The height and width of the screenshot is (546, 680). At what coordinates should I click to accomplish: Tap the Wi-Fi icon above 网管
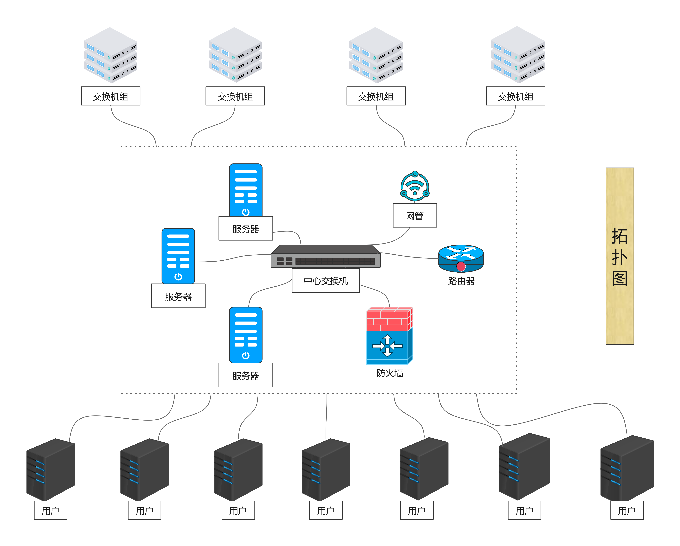point(415,187)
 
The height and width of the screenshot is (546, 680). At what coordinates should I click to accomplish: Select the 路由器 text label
point(461,281)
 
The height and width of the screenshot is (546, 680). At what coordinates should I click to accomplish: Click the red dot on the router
point(461,267)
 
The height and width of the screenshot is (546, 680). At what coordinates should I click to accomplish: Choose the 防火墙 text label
point(390,373)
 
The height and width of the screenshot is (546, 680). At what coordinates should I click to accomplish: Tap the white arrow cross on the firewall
point(387,346)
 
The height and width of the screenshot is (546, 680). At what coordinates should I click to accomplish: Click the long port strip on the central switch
point(335,261)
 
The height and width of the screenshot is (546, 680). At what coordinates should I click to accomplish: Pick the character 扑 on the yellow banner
point(619,257)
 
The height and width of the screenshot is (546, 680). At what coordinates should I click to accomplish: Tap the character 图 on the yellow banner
point(619,279)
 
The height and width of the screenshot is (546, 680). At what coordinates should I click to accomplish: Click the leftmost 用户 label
point(50,510)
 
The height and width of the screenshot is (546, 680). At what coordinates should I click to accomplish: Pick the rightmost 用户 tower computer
point(627,468)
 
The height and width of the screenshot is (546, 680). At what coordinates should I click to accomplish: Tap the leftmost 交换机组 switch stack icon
point(110,55)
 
